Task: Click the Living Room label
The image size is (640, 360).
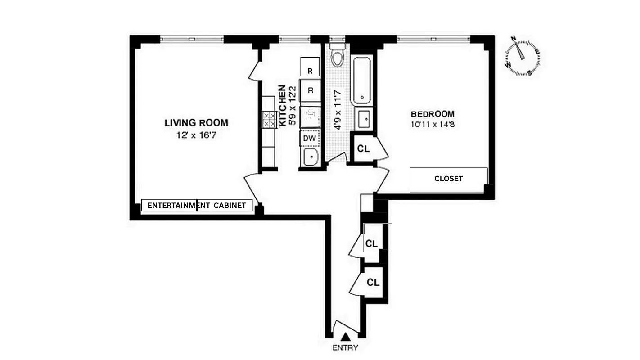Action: [x=196, y=122]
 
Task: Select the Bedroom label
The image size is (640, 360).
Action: [x=432, y=114]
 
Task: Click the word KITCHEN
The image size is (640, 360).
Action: [x=283, y=105]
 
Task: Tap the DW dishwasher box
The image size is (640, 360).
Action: [x=310, y=138]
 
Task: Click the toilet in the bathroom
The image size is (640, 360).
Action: [x=337, y=56]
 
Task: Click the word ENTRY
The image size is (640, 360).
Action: [x=345, y=347]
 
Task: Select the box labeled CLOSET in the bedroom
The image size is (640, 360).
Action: [x=448, y=179]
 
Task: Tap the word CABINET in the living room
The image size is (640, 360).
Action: [x=230, y=206]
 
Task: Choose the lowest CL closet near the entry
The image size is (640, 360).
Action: [x=373, y=283]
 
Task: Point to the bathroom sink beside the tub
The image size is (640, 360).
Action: [x=364, y=119]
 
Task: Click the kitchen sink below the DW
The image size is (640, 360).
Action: [x=310, y=157]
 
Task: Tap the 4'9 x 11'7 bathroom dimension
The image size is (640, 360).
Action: [x=337, y=110]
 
